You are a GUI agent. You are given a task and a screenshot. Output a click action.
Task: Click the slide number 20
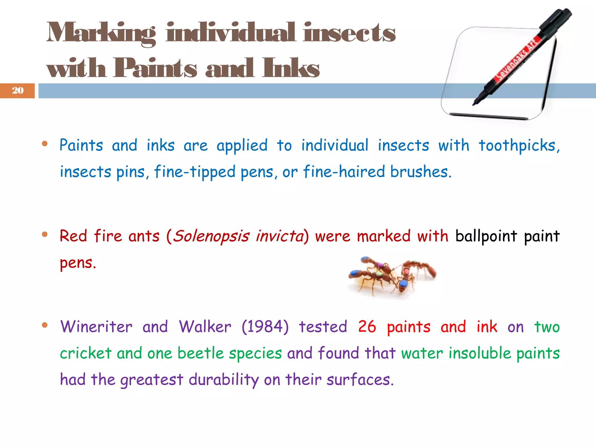(18, 91)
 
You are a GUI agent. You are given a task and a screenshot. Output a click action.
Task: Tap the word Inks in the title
(291, 68)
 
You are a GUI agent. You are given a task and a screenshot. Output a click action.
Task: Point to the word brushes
(420, 172)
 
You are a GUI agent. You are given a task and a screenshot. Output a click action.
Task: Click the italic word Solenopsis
(211, 236)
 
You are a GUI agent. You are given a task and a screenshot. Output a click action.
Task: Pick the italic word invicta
(280, 236)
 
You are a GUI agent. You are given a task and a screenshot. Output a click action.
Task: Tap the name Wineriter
(96, 327)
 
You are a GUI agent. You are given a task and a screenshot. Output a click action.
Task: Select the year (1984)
(265, 327)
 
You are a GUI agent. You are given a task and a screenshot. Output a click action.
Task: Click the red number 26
(367, 327)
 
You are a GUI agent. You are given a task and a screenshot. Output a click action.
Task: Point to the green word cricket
(86, 353)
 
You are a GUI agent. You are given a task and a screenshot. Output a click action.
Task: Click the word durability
(223, 380)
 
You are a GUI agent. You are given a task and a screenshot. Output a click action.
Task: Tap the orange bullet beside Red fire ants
(45, 234)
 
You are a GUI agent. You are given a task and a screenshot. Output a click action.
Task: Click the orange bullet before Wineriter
(45, 325)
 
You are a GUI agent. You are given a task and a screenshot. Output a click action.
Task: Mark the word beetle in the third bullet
(201, 353)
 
